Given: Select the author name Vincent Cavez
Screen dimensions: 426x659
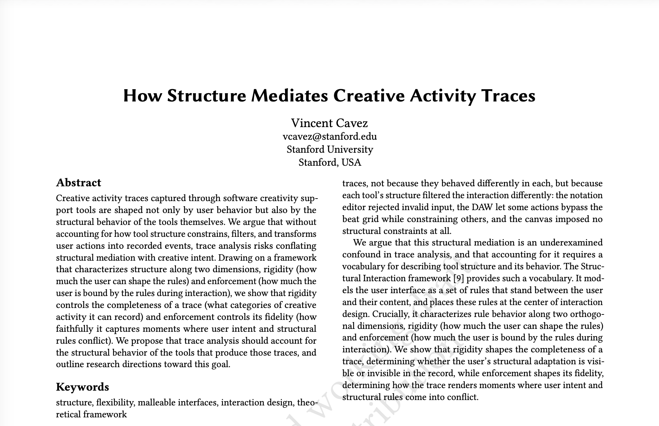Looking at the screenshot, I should (329, 123).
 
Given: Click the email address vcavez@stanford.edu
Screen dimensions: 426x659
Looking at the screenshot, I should (329, 136).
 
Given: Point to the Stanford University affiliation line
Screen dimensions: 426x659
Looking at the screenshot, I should (329, 149).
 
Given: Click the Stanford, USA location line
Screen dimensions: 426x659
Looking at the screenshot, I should (329, 162).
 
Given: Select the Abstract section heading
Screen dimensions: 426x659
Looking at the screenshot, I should (78, 183).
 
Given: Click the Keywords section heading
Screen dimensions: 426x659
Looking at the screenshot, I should (82, 387).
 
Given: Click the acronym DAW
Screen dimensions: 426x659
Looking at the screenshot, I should (480, 207).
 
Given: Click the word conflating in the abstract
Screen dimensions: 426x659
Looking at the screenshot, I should (296, 246).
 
